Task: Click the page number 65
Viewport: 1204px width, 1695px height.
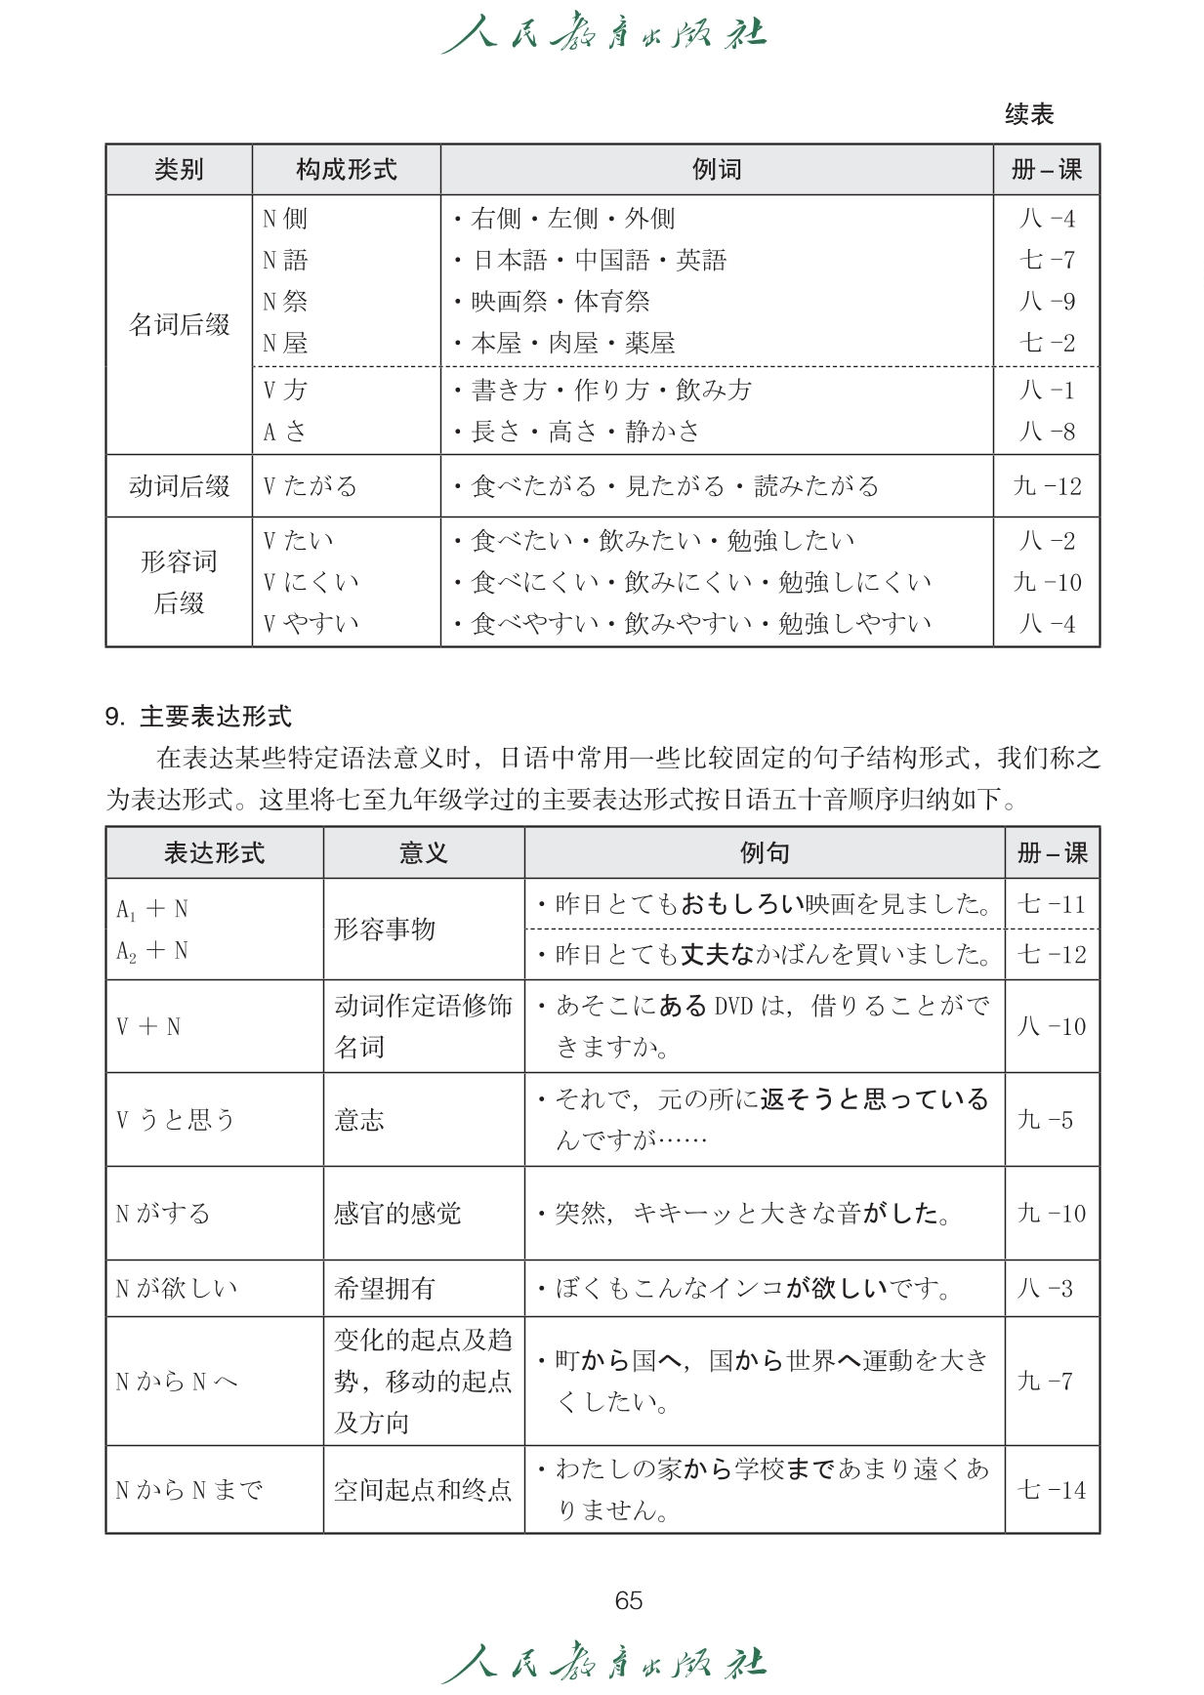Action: [629, 1599]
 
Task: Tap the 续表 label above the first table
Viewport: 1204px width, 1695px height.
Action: [1029, 114]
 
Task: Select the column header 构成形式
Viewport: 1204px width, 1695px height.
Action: [346, 170]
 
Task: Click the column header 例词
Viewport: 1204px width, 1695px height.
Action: [717, 170]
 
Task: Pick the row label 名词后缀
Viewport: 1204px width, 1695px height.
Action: [179, 324]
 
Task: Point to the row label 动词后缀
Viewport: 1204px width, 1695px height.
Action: [179, 486]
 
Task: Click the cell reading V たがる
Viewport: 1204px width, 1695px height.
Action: [311, 486]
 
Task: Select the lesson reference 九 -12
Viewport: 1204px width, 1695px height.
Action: [1047, 486]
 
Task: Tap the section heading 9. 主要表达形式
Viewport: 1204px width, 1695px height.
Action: [198, 717]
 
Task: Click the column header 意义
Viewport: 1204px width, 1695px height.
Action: [423, 853]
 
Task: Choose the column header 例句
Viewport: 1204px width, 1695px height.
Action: [764, 853]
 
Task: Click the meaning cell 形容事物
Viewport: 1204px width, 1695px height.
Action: [385, 929]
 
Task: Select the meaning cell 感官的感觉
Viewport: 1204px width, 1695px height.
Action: [397, 1214]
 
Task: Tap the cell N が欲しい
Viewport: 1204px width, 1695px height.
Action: [177, 1288]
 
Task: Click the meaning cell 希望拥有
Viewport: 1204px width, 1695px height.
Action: [385, 1288]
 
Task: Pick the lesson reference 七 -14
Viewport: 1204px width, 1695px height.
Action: [1052, 1490]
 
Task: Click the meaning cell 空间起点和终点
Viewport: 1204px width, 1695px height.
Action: [423, 1490]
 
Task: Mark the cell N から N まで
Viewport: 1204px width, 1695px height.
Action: [189, 1490]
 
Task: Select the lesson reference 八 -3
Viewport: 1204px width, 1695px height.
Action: [1045, 1288]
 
